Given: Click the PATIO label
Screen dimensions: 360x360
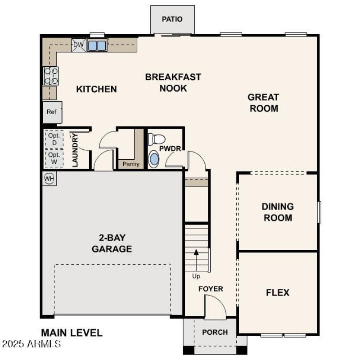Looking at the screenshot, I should pos(172,19).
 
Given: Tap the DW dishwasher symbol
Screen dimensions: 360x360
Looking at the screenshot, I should pos(78,45).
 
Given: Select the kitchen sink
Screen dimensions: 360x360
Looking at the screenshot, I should pos(96,45).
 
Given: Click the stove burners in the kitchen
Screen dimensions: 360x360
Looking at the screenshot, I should pos(50,76).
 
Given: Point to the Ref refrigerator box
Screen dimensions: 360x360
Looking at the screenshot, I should pos(52,112).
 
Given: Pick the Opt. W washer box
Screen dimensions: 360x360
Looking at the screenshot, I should pos(54,158).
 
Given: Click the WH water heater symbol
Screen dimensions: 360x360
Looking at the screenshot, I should pos(49,179).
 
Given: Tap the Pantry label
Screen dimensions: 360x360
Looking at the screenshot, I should pos(131,164).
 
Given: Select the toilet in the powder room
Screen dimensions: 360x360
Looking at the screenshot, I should pos(157,139).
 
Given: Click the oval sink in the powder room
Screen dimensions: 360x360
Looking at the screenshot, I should pos(154,159).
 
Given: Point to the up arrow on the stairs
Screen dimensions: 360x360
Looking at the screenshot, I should pos(196,258).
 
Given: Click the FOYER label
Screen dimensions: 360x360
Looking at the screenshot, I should pos(211,289).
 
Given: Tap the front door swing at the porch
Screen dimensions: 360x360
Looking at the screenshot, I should pos(214,308).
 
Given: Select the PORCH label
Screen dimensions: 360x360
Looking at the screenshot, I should pos(215,333).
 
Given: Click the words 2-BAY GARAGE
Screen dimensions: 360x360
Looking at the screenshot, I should pos(112,243).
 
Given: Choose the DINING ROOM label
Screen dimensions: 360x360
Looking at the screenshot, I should pos(277,212).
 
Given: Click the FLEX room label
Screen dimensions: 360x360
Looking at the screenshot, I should pos(278,292).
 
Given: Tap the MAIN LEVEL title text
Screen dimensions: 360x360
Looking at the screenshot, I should pos(72,333).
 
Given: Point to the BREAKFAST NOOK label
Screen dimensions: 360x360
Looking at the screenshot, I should pos(173,82).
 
